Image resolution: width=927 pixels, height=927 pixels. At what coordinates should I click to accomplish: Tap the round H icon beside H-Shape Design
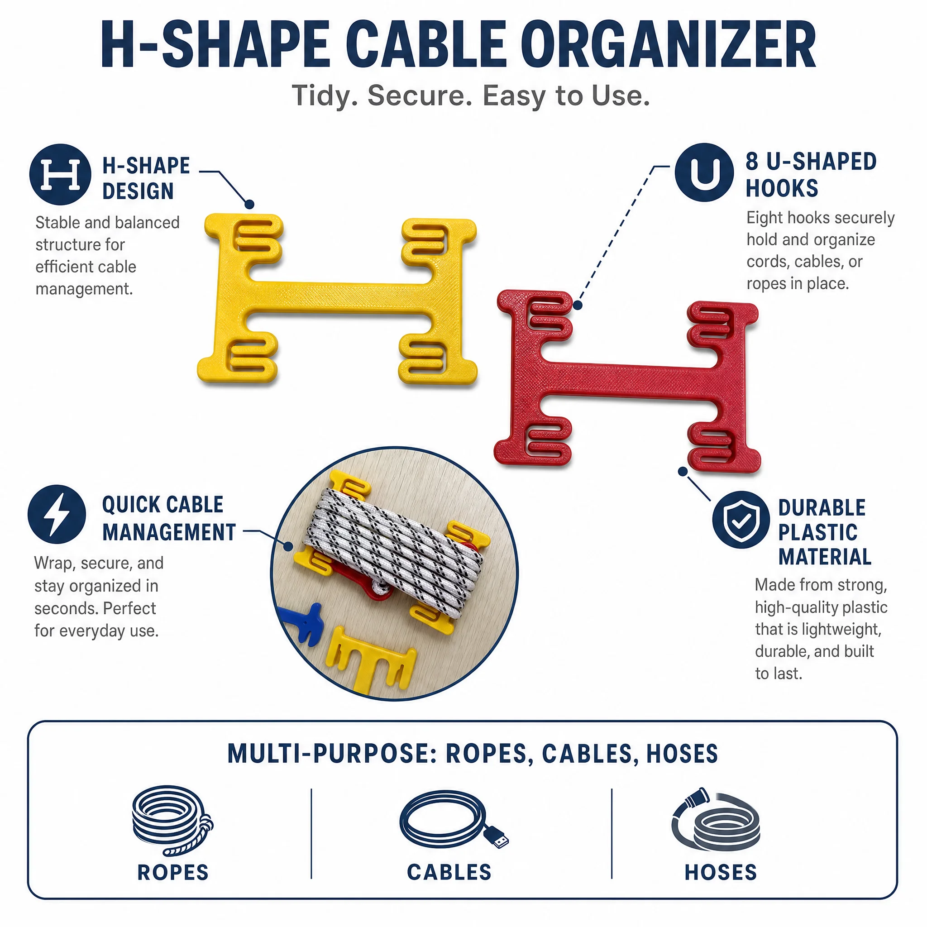coord(61,175)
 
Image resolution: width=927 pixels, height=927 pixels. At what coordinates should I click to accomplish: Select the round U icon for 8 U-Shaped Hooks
coord(704,172)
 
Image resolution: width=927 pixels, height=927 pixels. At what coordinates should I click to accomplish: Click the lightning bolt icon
coord(57,514)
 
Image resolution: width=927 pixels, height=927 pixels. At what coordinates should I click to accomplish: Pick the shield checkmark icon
coord(741,520)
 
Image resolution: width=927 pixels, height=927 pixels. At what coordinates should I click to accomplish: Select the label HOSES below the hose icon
coord(721,873)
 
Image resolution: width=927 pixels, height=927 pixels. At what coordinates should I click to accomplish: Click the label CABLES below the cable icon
coord(449,873)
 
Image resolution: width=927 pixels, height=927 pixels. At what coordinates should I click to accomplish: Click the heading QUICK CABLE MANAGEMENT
coord(169,518)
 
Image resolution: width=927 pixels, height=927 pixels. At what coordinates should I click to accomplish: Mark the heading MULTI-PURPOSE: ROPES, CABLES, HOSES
coord(473,754)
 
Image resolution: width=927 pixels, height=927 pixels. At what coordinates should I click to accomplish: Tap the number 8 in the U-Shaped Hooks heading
coord(752,162)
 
